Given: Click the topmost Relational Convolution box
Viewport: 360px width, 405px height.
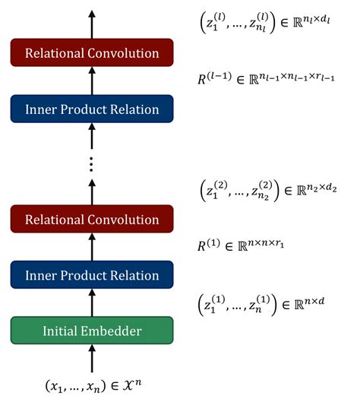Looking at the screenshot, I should click(x=92, y=53).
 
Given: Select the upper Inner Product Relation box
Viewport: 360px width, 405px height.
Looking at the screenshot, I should click(x=92, y=109).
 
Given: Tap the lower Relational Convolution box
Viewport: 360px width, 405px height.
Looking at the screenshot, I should click(x=92, y=220).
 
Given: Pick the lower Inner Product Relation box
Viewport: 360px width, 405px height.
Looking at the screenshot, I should click(x=92, y=275).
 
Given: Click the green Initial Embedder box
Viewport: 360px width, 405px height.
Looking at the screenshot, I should click(x=92, y=331).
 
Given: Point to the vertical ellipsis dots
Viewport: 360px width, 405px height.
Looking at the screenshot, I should click(x=92, y=163).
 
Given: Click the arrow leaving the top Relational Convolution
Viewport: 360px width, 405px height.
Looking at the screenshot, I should click(x=92, y=24).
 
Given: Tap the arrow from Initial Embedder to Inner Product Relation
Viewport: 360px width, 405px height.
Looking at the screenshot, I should click(x=92, y=303).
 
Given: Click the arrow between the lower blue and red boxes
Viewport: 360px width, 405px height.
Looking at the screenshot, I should click(x=92, y=248).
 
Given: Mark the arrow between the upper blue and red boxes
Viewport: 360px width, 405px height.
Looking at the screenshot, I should click(x=92, y=81).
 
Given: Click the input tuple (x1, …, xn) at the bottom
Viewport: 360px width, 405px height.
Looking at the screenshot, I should click(x=92, y=388).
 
